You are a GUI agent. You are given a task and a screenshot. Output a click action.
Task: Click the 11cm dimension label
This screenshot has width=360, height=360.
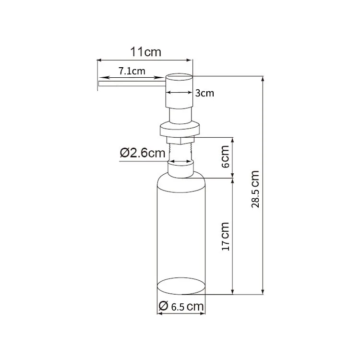click(146, 52)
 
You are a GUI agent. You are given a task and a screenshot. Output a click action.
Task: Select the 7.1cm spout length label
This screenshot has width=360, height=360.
click(132, 72)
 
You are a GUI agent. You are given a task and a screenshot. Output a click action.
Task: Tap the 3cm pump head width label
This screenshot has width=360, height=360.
click(204, 93)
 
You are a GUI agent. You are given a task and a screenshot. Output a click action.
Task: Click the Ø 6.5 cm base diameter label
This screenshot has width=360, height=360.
click(180, 306)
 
